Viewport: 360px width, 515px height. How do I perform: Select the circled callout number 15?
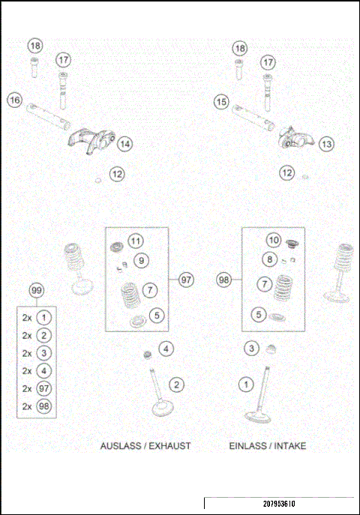coord(220,100)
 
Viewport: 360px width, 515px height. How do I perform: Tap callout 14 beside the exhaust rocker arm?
coord(124,142)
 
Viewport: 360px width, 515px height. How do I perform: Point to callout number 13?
coord(325,143)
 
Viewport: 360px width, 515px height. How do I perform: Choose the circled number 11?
coord(135,241)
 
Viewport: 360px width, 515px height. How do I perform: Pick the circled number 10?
coord(274,240)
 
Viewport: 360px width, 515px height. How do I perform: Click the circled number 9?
coord(141,260)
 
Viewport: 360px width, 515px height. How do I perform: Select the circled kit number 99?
coord(36,290)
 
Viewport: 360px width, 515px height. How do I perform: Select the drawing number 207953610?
coord(279,503)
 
